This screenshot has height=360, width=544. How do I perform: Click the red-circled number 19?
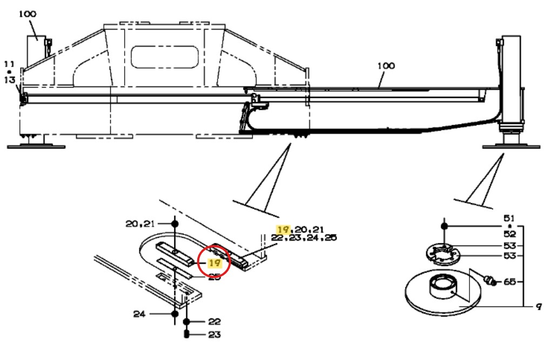pos(216,264)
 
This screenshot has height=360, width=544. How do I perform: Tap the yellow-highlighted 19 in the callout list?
pos(281,229)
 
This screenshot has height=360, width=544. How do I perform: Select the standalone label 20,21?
pos(140,224)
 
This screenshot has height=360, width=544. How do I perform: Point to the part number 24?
pos(140,313)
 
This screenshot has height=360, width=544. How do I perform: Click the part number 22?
pos(214,321)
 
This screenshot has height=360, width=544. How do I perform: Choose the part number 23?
pos(214,335)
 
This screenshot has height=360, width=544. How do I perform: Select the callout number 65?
pos(510,282)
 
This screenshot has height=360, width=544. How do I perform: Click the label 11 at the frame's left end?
pos(9,64)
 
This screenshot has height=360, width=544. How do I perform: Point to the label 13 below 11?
pos(9,80)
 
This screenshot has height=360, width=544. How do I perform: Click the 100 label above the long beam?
pos(386,66)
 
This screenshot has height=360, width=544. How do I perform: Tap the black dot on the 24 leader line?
pos(174,313)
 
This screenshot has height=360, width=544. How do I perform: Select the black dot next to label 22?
pos(187,322)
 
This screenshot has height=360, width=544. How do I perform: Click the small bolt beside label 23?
pos(187,335)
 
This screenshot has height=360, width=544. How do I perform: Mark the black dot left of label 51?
pos(444,226)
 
